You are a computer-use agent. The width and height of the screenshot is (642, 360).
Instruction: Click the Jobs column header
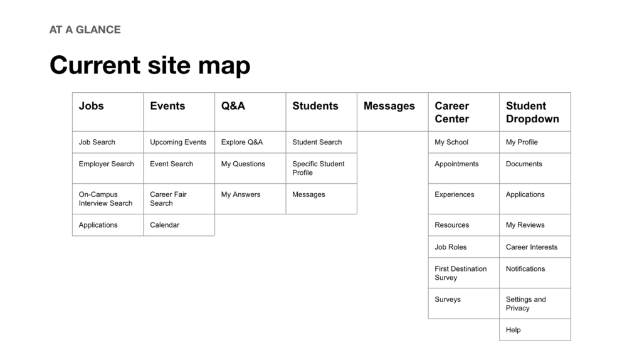click(108, 112)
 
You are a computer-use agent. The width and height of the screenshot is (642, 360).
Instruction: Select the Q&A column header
click(250, 112)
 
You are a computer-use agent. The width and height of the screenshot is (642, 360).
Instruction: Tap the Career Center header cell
click(463, 112)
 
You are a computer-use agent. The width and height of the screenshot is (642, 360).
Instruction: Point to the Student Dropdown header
click(535, 112)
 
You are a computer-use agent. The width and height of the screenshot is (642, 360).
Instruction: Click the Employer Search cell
click(108, 168)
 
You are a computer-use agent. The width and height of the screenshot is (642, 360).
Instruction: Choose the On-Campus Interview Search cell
click(108, 199)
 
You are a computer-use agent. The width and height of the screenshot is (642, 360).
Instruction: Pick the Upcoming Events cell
click(179, 142)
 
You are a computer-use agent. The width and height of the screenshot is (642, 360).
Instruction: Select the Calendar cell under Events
click(179, 225)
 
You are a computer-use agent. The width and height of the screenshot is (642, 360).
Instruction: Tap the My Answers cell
click(250, 199)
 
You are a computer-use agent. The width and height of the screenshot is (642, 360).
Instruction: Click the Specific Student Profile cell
click(322, 168)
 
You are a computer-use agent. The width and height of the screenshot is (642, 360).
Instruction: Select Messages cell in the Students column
click(322, 199)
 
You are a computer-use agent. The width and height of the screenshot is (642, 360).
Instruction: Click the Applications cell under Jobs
click(108, 225)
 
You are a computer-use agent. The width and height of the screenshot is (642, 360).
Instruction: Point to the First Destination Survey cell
click(463, 273)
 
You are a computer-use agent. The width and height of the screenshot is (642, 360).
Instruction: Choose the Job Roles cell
click(463, 247)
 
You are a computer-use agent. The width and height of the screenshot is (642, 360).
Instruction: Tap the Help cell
click(535, 330)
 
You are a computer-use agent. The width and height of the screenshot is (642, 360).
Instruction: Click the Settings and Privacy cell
click(535, 304)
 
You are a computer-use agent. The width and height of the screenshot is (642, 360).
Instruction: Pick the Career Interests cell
click(535, 247)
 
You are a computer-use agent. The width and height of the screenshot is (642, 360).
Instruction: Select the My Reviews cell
click(535, 225)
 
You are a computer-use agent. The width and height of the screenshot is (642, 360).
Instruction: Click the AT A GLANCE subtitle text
click(85, 30)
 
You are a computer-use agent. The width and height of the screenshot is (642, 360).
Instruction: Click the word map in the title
click(224, 65)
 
